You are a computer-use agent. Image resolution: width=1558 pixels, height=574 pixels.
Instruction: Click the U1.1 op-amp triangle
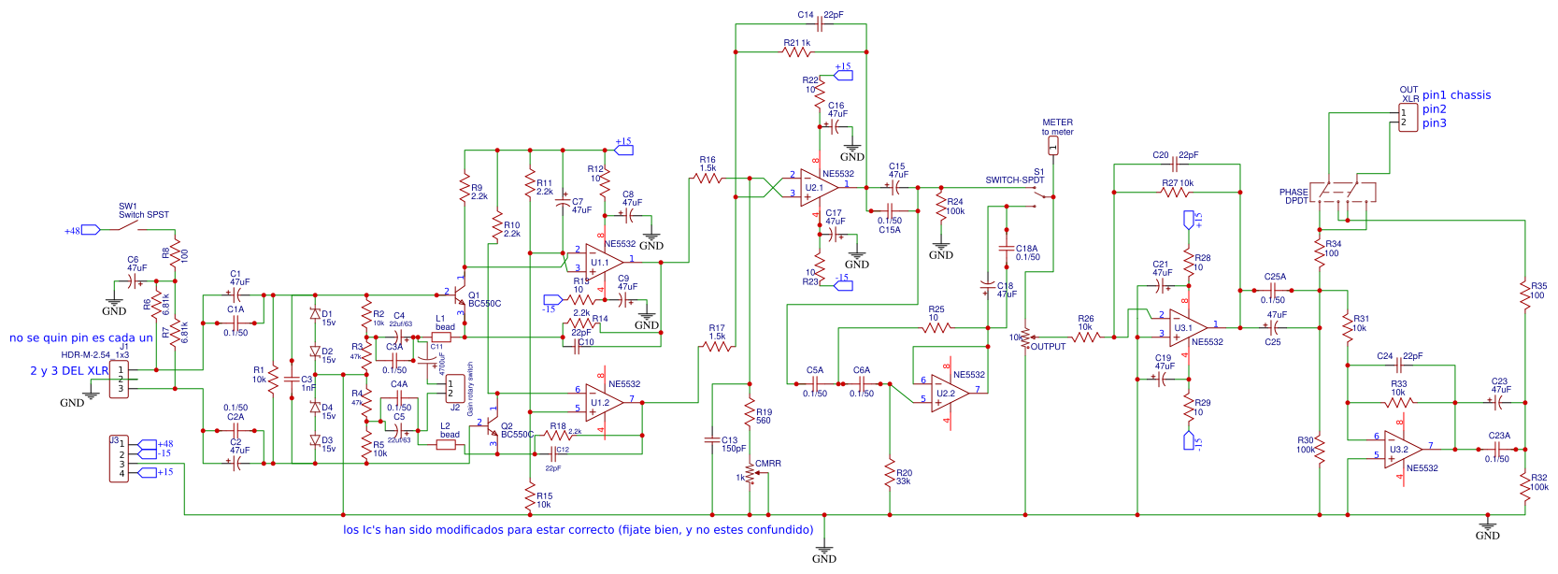point(603,261)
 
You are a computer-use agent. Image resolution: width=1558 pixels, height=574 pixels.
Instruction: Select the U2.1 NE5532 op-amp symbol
point(818,187)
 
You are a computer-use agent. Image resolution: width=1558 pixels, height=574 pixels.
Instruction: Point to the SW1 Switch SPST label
point(143,210)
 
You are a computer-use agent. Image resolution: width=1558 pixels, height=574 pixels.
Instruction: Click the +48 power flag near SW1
point(90,230)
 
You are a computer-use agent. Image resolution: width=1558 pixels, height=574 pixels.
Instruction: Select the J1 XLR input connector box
point(119,380)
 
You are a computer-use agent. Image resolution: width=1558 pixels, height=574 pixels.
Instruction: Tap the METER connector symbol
point(1053,146)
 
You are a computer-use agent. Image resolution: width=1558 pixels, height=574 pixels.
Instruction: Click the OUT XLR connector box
point(1408,118)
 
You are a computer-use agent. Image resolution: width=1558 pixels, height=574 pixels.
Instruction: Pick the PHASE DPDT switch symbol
point(1342,193)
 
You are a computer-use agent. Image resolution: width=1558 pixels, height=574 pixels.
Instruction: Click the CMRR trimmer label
point(768,464)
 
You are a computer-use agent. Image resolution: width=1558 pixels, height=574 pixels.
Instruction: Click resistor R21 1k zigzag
point(797,51)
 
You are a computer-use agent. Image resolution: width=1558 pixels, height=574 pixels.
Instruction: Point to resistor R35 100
point(1524,291)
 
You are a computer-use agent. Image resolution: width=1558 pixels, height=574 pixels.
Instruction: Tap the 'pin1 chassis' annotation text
point(1456,95)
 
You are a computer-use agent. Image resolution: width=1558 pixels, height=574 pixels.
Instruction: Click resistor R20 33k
point(890,476)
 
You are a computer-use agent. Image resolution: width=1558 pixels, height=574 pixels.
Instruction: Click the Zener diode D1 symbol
point(315,315)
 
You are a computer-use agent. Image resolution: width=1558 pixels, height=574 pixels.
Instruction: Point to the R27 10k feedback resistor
point(1176,192)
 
